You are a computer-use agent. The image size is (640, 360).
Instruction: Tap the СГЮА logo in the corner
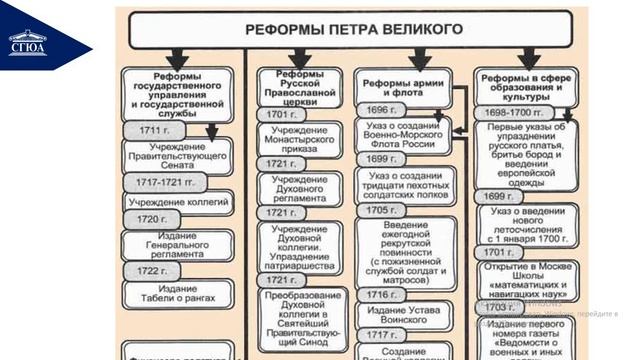27,42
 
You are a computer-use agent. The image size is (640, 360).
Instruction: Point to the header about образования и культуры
525,87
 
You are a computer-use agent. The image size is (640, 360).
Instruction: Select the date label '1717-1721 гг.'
166,184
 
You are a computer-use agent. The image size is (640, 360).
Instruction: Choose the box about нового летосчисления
528,226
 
